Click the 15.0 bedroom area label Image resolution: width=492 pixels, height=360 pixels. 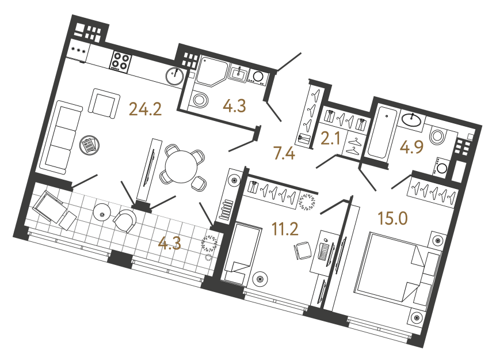[392, 218]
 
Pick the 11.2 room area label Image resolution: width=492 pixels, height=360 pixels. [285, 229]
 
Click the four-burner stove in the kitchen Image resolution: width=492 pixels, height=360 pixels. [120, 60]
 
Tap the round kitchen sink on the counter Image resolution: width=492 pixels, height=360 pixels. [175, 75]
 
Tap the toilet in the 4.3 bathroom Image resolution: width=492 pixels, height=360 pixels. [199, 100]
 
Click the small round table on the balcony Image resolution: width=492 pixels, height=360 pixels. [103, 214]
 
